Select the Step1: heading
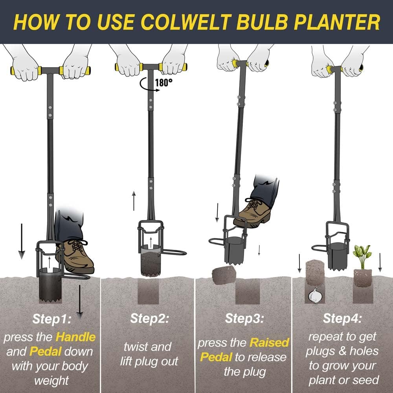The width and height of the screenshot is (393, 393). (51, 319)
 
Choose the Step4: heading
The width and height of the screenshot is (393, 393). (342, 318)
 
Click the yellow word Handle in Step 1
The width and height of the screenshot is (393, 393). (75, 337)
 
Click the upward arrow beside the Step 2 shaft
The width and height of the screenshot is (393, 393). (134, 200)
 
